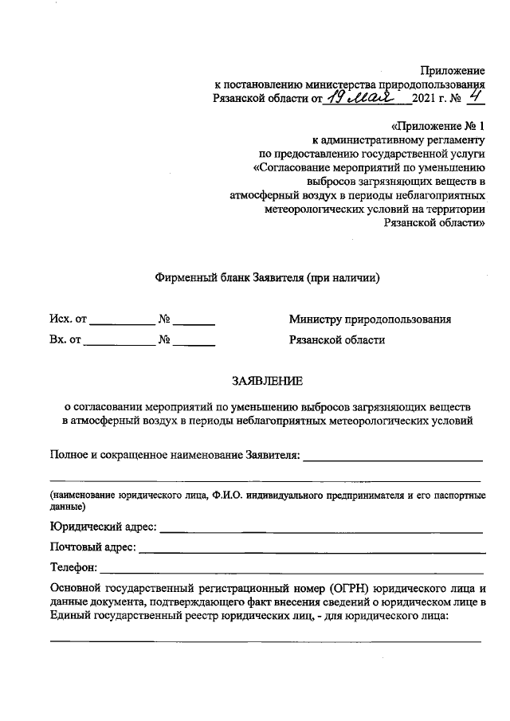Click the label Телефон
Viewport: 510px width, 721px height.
point(73,568)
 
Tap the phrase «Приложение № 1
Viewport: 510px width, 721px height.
point(437,127)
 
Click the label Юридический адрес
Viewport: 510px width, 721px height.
point(103,527)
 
